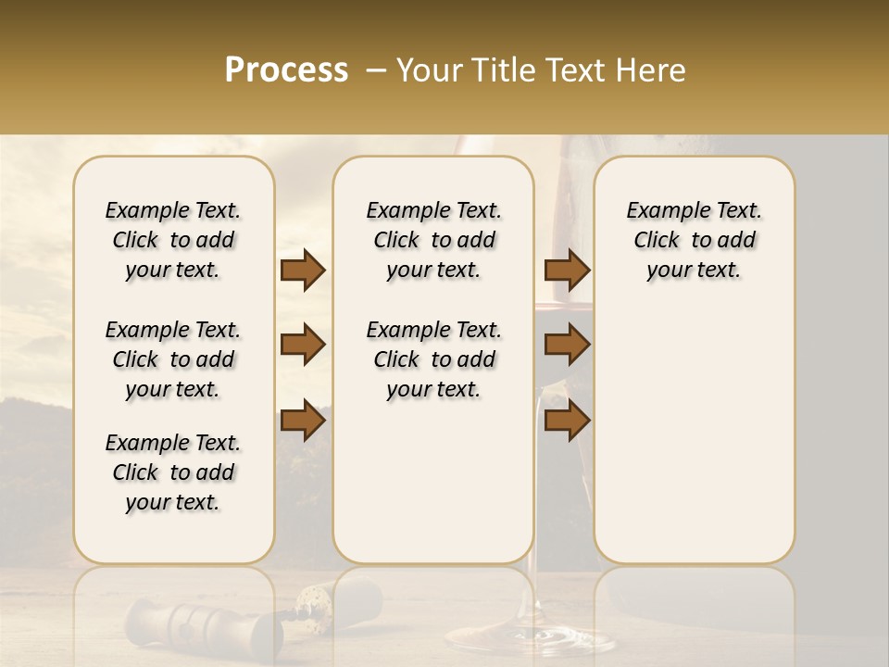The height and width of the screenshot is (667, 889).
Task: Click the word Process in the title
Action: (x=286, y=70)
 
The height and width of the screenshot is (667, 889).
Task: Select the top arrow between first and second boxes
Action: (x=303, y=271)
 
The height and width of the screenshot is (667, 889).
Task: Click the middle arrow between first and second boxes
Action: (x=303, y=346)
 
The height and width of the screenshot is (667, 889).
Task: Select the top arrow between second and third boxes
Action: (x=567, y=271)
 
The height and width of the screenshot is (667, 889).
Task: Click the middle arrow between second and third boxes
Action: (x=567, y=346)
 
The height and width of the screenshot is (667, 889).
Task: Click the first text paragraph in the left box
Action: (x=173, y=240)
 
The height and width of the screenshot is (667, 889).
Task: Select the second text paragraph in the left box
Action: (x=173, y=359)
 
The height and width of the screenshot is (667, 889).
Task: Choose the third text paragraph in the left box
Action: (x=173, y=472)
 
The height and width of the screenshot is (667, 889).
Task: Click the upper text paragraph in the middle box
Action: (x=433, y=240)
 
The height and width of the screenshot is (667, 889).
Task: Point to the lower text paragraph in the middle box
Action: (x=433, y=359)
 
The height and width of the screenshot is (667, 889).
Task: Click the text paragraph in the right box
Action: (x=694, y=240)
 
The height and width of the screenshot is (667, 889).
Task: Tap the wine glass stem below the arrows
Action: (x=534, y=500)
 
